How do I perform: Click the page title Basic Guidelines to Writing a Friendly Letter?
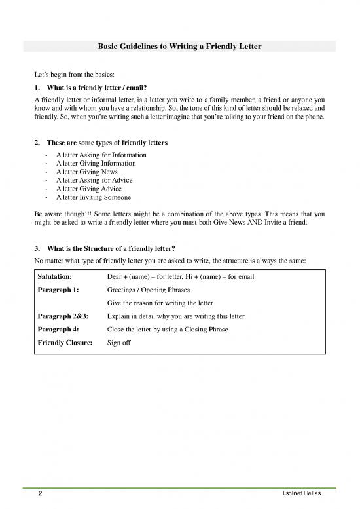[180, 47]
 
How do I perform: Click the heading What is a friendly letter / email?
[97, 88]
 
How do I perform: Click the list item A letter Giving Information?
[96, 164]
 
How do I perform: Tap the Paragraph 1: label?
[58, 290]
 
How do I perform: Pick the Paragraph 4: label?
[58, 330]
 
